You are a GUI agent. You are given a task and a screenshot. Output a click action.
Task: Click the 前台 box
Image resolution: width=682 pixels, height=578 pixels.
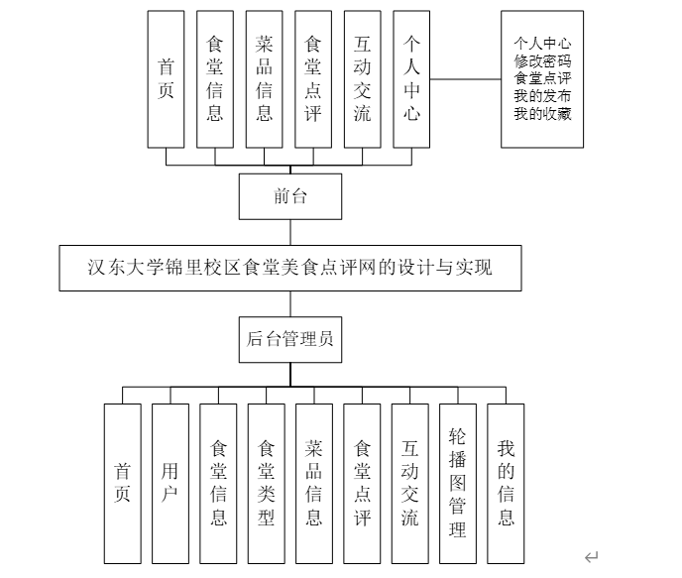coord(289,196)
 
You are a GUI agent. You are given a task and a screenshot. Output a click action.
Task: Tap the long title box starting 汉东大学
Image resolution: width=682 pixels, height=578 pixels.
coord(289,268)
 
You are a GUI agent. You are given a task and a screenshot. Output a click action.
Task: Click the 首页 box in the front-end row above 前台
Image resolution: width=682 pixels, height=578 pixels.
coord(167,79)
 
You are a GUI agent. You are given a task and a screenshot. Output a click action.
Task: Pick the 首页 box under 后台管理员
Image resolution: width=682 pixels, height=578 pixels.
coord(123,483)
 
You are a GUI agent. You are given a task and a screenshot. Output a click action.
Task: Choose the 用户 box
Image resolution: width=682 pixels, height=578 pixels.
coord(170,483)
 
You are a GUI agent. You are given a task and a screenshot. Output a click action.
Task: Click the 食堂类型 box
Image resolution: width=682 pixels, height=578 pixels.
coord(267,483)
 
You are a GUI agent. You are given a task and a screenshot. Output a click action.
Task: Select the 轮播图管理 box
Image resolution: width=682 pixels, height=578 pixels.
coord(458,483)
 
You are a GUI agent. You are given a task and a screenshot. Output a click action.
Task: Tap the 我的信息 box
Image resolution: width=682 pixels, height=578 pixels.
coord(507,483)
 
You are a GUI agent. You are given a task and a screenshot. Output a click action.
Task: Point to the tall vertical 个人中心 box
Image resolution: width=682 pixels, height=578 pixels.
coord(412,79)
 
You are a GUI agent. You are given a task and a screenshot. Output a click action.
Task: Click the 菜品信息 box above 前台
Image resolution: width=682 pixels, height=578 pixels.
coord(265,79)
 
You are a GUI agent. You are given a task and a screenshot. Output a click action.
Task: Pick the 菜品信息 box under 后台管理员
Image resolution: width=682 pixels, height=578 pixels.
coord(314,483)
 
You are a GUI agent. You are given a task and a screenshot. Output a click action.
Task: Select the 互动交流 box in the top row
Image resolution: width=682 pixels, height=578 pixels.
coord(363,79)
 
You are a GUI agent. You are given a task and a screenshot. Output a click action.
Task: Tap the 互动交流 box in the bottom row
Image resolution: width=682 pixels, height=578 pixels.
coord(410,483)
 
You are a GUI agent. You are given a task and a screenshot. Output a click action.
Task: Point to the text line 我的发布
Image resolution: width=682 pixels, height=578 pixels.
coord(542,95)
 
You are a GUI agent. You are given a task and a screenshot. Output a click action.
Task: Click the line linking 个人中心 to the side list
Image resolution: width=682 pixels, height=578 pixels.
coord(468,78)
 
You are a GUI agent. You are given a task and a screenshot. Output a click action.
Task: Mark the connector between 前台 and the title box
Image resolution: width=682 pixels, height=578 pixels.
coord(289,232)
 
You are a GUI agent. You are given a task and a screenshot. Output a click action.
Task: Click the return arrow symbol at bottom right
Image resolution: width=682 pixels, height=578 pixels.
coord(592,557)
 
